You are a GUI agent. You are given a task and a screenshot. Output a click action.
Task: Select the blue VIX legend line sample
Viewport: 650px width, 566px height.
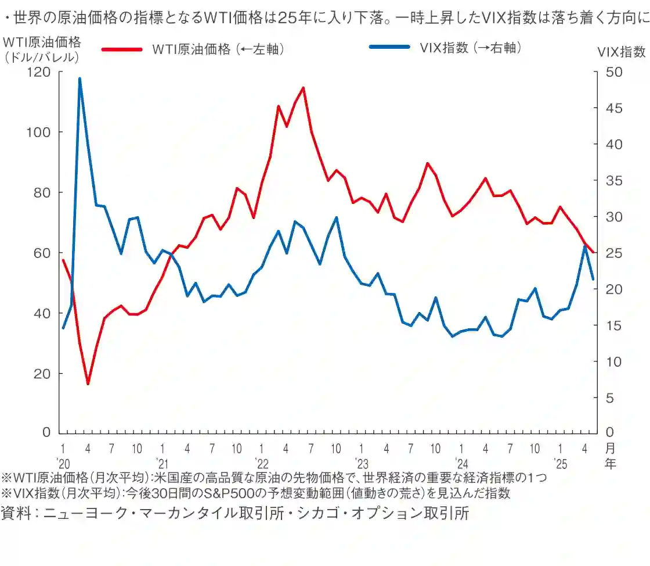(389, 47)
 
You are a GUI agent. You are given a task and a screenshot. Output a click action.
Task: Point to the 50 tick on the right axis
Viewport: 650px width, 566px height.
(605, 72)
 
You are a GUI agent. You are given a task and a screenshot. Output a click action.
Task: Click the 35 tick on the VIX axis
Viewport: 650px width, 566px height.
(605, 181)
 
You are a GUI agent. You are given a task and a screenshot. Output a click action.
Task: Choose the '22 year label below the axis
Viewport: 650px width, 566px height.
(262, 464)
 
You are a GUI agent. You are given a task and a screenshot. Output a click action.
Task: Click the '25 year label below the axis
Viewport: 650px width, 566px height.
(560, 464)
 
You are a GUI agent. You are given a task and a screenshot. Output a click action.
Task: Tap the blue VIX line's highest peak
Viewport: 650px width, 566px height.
(80, 78)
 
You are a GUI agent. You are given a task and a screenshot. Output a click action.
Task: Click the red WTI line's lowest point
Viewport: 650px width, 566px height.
(88, 384)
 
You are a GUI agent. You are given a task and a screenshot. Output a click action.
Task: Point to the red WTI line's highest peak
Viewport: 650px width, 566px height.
(303, 88)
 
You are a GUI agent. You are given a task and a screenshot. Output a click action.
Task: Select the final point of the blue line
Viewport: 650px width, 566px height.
(593, 280)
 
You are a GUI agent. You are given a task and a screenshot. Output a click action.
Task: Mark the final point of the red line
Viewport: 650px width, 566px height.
(593, 253)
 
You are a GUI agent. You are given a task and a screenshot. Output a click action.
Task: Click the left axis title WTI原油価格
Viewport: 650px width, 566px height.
(42, 42)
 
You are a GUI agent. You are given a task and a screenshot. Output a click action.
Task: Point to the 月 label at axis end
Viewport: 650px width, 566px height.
(609, 449)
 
